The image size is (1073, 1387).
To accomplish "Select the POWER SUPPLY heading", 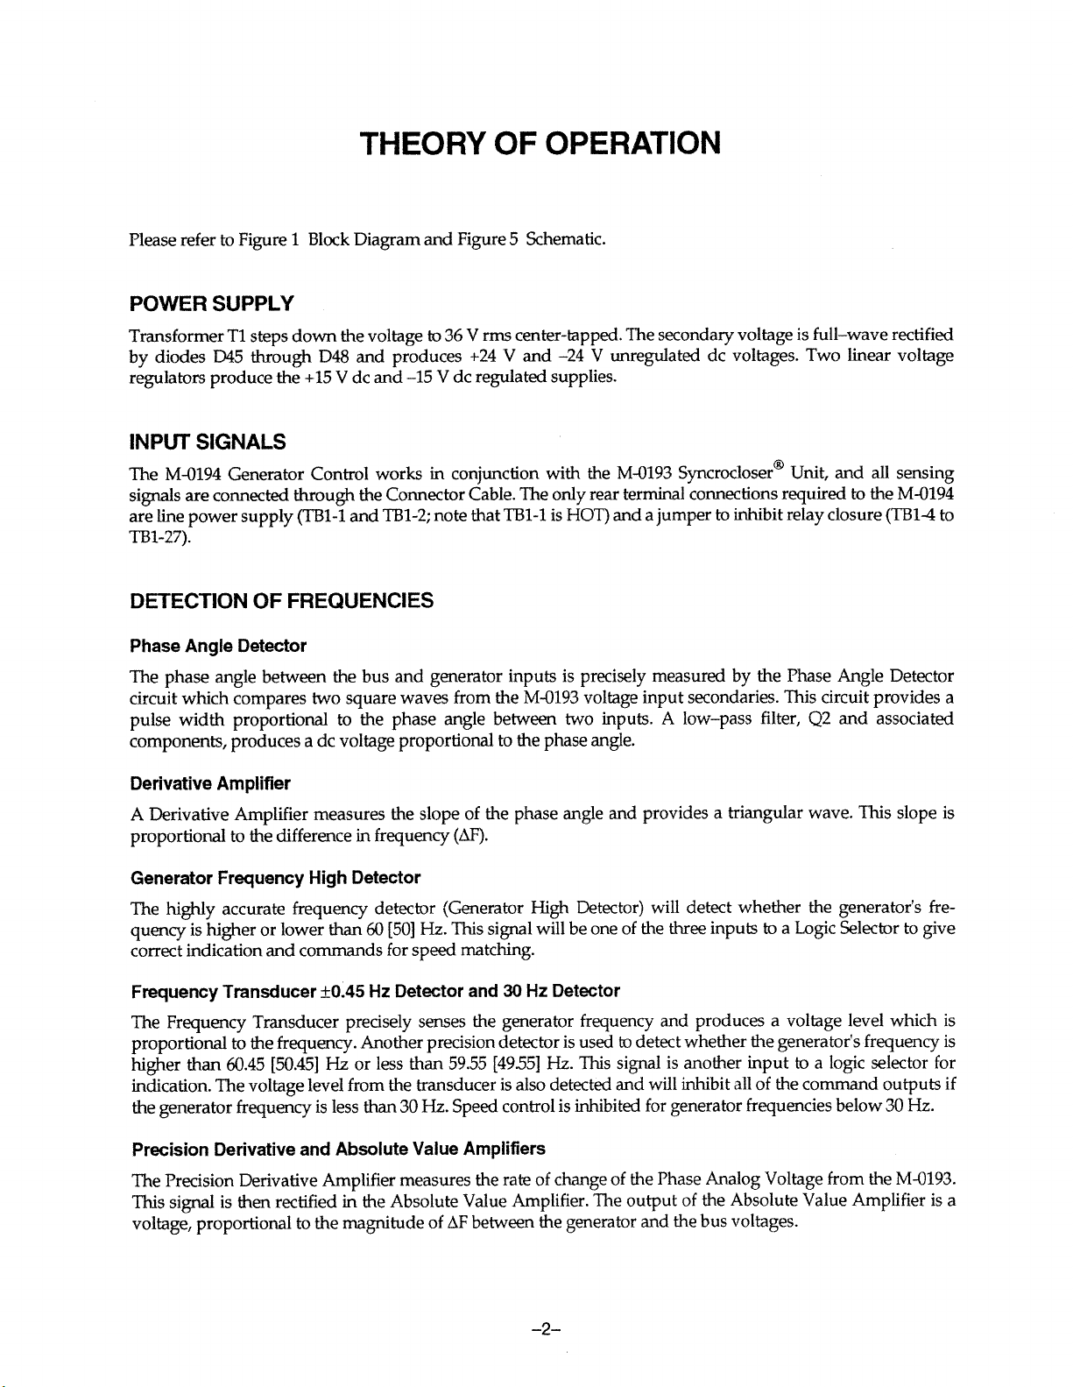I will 210,304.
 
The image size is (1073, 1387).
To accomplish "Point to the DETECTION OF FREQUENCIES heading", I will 280,600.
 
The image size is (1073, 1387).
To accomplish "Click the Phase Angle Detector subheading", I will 217,647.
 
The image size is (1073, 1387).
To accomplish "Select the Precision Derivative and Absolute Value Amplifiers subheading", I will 337,1148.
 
